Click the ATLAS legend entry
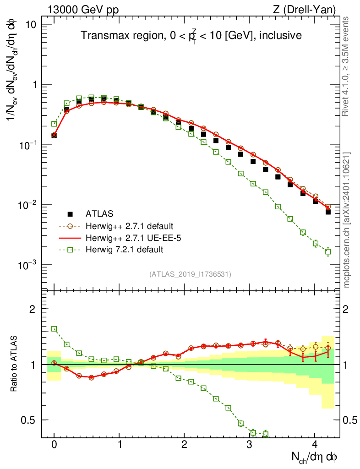98,213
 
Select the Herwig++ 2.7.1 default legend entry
128,226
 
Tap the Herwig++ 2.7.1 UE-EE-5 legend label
131,238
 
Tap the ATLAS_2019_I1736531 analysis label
190,274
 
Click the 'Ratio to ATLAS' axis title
14,364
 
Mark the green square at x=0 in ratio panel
54,329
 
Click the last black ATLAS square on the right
328,212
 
